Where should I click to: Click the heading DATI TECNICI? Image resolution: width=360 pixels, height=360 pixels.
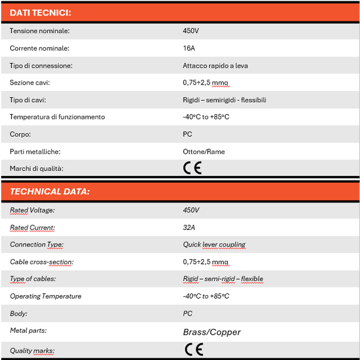pyautogui.click(x=41, y=13)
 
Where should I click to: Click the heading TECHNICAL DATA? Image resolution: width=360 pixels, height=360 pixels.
pyautogui.click(x=50, y=192)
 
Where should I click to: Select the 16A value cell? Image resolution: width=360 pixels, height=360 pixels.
pyautogui.click(x=188, y=48)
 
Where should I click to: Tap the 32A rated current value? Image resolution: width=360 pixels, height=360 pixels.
pyautogui.click(x=189, y=227)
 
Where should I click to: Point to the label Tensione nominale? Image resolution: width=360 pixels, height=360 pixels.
pyautogui.click(x=40, y=31)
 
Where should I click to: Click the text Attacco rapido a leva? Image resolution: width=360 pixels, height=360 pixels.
pyautogui.click(x=215, y=65)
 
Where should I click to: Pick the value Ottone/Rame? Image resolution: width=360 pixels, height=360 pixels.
pyautogui.click(x=203, y=152)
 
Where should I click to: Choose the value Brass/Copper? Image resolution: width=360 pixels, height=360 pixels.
pyautogui.click(x=212, y=332)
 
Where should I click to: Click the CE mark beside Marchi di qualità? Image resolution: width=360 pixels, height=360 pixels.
pyautogui.click(x=193, y=169)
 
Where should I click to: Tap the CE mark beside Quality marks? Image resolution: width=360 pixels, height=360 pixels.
pyautogui.click(x=193, y=349)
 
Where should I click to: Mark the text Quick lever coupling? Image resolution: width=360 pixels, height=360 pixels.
pyautogui.click(x=214, y=245)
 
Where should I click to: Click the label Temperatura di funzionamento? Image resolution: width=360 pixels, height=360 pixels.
pyautogui.click(x=57, y=117)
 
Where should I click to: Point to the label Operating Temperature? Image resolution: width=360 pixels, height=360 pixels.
pyautogui.click(x=46, y=296)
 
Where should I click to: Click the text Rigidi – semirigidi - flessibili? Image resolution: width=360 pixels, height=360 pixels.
pyautogui.click(x=224, y=100)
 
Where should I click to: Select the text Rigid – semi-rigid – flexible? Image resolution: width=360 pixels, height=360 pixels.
pyautogui.click(x=223, y=279)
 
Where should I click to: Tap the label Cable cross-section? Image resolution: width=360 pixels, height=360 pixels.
pyautogui.click(x=41, y=262)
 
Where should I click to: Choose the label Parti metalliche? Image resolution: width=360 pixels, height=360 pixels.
pyautogui.click(x=35, y=152)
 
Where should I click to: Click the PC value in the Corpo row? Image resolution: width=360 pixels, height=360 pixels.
pyautogui.click(x=187, y=134)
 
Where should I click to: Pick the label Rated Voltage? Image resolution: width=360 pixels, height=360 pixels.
pyautogui.click(x=32, y=210)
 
